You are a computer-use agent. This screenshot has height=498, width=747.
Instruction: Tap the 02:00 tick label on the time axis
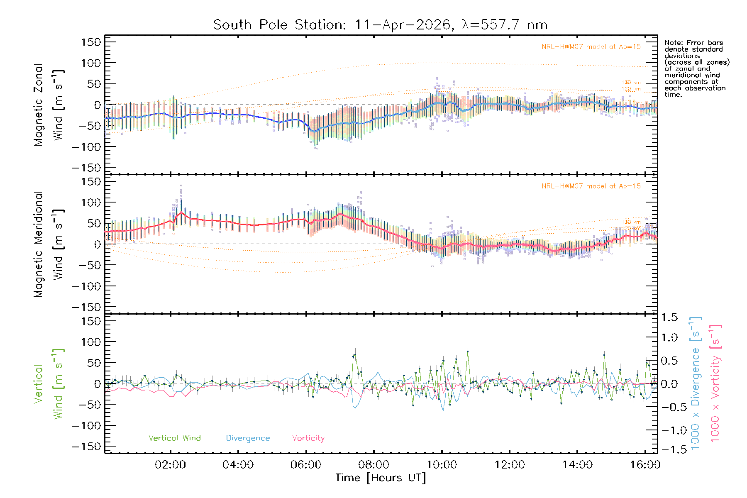click(x=170, y=464)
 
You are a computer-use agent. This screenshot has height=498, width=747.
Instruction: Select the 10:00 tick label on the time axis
click(x=442, y=464)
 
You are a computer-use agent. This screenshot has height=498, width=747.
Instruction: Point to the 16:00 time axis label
click(x=645, y=464)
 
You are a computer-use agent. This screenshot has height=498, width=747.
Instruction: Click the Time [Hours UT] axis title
click(x=381, y=478)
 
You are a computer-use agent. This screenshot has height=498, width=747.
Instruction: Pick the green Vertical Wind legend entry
click(x=174, y=438)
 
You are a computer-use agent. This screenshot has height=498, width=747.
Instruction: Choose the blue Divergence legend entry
click(x=248, y=438)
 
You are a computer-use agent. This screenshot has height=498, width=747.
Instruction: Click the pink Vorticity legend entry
click(x=308, y=438)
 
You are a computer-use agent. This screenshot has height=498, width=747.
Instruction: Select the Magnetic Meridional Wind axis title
click(x=49, y=244)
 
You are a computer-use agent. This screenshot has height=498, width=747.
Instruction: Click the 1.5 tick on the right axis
click(x=669, y=317)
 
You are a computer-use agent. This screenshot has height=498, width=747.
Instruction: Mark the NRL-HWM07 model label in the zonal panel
click(x=591, y=47)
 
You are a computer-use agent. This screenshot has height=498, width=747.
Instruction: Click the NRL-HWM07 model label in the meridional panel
click(x=591, y=186)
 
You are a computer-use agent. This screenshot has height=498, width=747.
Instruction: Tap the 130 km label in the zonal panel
click(x=631, y=83)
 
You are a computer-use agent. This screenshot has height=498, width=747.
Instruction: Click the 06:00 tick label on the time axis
click(x=306, y=464)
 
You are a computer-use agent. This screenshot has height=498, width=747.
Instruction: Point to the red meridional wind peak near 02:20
click(x=181, y=212)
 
